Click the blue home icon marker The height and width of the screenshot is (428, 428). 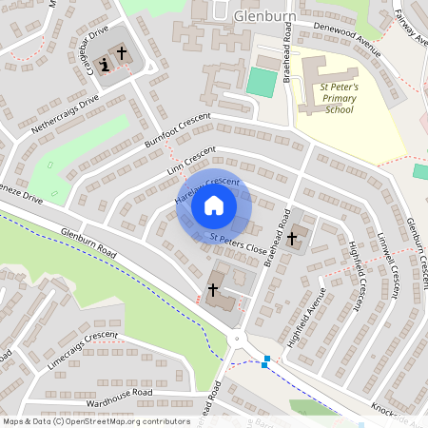coord(214,205)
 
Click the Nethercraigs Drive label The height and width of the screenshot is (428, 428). coord(65,113)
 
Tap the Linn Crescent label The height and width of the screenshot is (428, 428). coord(190,160)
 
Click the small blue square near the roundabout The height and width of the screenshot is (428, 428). coord(266,360)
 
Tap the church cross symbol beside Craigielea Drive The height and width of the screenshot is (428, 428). coord(122,54)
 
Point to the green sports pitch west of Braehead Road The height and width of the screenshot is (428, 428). coord(260,81)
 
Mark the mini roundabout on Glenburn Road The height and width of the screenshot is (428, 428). coord(236,337)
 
